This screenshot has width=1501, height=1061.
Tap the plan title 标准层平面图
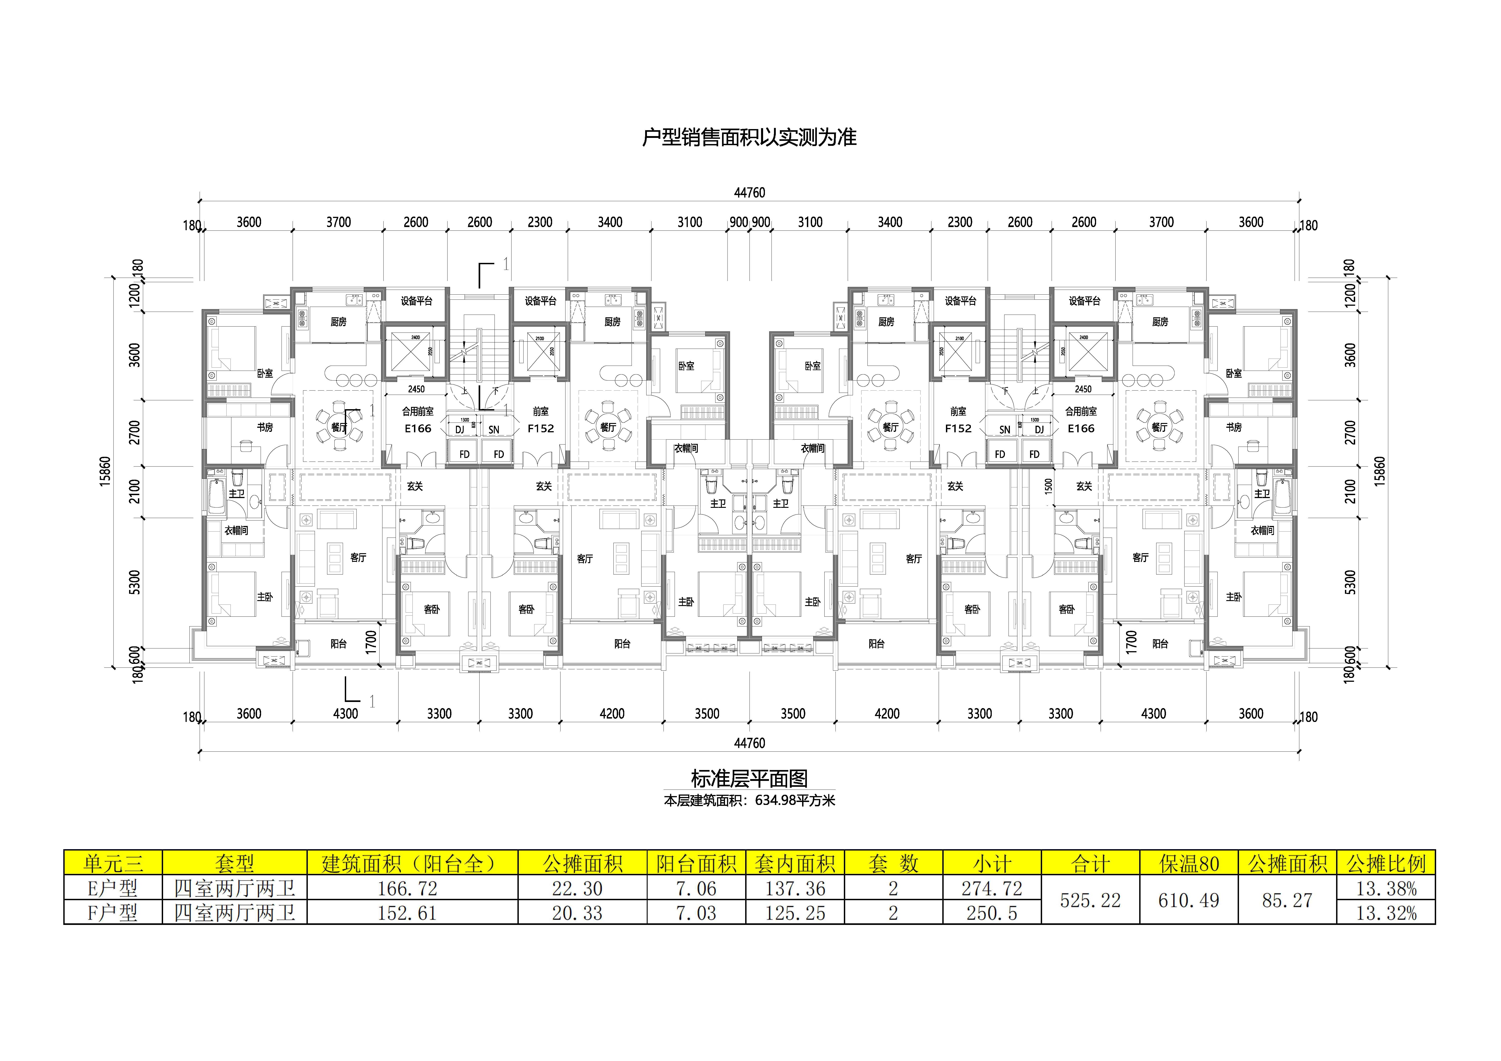tap(749, 779)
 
